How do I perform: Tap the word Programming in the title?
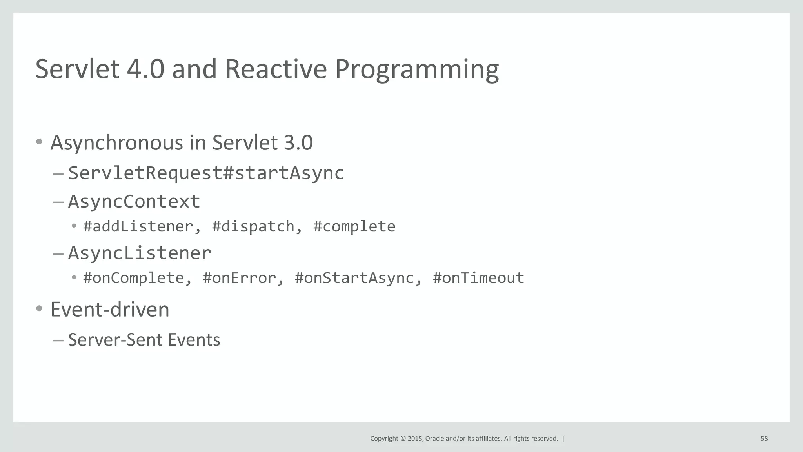[416, 69]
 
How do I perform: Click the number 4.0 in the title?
[145, 69]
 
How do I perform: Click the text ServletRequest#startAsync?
[206, 173]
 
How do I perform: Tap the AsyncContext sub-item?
[134, 201]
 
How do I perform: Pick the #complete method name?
[354, 226]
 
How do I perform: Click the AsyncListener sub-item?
[140, 253]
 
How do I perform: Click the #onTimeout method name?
[478, 278]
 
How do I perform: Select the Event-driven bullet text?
[110, 310]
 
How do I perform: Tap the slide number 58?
[764, 439]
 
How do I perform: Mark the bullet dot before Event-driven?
[39, 309]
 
